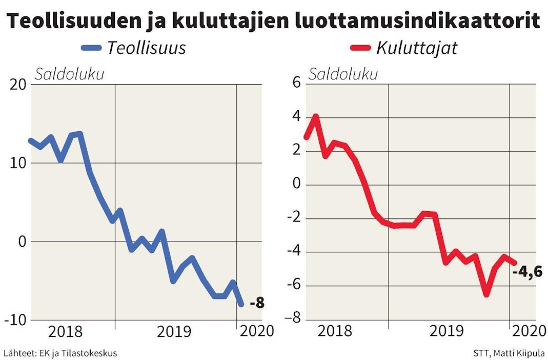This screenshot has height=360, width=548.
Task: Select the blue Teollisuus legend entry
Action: [x=133, y=48]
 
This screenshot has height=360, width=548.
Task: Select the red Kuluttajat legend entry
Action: [x=403, y=48]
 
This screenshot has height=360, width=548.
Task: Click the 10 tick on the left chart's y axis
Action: [x=18, y=163]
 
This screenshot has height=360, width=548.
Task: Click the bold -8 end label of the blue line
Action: [x=257, y=303]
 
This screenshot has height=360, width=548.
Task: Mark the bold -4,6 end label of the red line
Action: [x=527, y=271]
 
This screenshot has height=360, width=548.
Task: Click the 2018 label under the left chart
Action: [x=65, y=332]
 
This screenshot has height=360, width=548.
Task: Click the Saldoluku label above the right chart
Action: [x=342, y=74]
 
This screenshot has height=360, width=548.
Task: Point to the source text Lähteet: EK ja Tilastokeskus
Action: [x=60, y=353]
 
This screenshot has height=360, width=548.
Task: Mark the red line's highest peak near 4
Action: [x=316, y=116]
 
